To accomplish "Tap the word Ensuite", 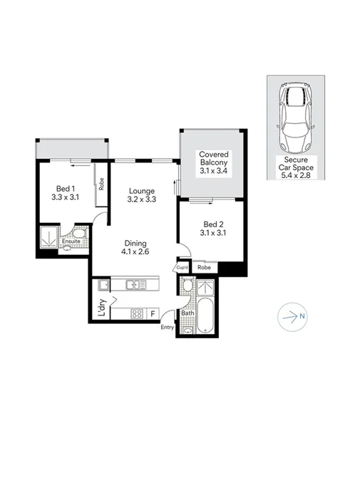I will (71, 241).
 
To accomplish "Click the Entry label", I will (167, 327).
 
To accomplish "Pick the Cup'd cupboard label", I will (182, 268).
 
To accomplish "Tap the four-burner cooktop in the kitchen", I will (137, 313).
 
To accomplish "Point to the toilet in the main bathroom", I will (187, 286).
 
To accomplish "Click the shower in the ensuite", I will (49, 237).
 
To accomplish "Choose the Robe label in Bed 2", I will (204, 268).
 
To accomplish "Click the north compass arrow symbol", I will (292, 315).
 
